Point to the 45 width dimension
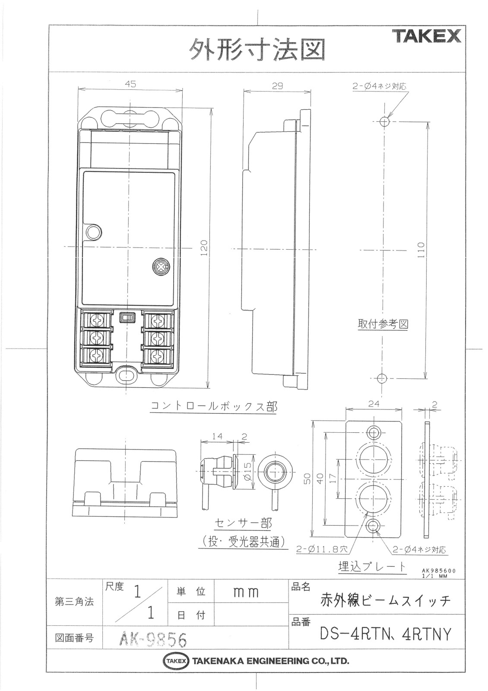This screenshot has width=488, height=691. pyautogui.click(x=131, y=84)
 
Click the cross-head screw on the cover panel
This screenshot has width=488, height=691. pyautogui.click(x=161, y=266)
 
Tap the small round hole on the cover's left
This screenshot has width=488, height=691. pyautogui.click(x=94, y=232)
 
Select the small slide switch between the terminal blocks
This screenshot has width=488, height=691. pyautogui.click(x=127, y=317)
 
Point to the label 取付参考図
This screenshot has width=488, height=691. pyautogui.click(x=383, y=324)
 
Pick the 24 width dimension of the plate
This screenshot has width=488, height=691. pyautogui.click(x=374, y=404)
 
